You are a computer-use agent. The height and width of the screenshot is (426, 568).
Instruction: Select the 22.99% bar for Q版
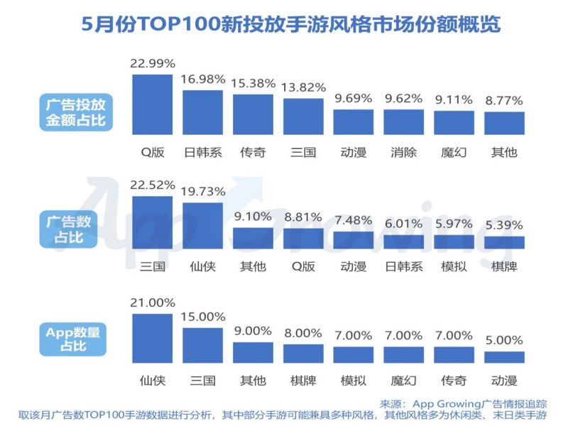pyautogui.click(x=153, y=104)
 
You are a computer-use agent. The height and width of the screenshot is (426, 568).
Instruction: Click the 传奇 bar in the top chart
pyautogui.click(x=253, y=114)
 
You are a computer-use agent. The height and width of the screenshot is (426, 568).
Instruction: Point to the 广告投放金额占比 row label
pyautogui.click(x=72, y=112)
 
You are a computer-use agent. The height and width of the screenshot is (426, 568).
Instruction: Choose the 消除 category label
pyautogui.click(x=403, y=152)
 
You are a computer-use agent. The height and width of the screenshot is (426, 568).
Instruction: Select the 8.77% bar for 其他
pyautogui.click(x=504, y=123)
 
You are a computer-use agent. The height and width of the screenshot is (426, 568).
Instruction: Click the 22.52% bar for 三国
pyautogui.click(x=153, y=222)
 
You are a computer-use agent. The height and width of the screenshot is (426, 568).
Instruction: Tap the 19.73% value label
pyautogui.click(x=202, y=192)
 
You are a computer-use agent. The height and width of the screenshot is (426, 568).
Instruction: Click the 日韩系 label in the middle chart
pyautogui.click(x=403, y=267)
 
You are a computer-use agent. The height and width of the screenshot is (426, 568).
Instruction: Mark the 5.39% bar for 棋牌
pyautogui.click(x=504, y=242)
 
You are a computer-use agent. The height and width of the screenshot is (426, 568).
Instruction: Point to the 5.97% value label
pyautogui.click(x=454, y=224)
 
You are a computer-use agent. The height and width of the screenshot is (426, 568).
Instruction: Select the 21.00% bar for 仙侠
pyautogui.click(x=153, y=339)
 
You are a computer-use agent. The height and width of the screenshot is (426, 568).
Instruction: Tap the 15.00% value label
pyautogui.click(x=202, y=317)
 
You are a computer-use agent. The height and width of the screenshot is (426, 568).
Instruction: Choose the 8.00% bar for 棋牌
pyautogui.click(x=303, y=354)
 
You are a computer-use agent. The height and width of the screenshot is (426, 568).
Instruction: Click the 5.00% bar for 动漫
pyautogui.click(x=504, y=357)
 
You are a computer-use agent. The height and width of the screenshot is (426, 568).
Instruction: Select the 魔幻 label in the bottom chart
pyautogui.click(x=403, y=381)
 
